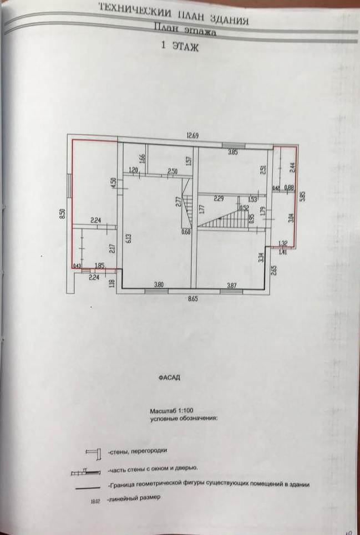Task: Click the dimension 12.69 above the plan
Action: (x=192, y=135)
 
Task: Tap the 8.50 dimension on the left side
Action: (x=63, y=214)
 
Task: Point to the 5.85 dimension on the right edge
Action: (x=303, y=196)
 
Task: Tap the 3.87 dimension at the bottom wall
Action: (x=232, y=285)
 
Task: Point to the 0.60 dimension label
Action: (x=186, y=233)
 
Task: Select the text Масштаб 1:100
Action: (x=171, y=411)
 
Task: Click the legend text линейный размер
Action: (x=135, y=498)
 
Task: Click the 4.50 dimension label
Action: (x=113, y=184)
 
